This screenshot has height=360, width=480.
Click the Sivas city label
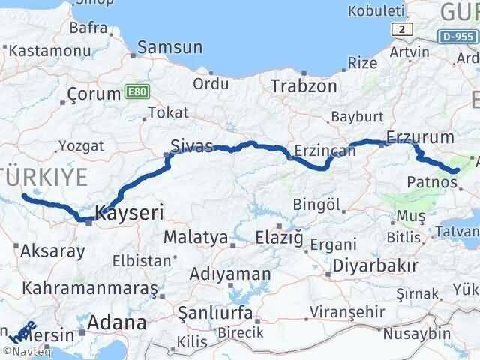click(191, 145)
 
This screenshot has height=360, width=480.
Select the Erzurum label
click(420, 137)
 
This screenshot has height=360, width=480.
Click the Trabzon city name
click(304, 85)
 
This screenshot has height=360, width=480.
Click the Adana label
click(116, 323)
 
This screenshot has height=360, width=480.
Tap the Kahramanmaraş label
click(90, 288)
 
